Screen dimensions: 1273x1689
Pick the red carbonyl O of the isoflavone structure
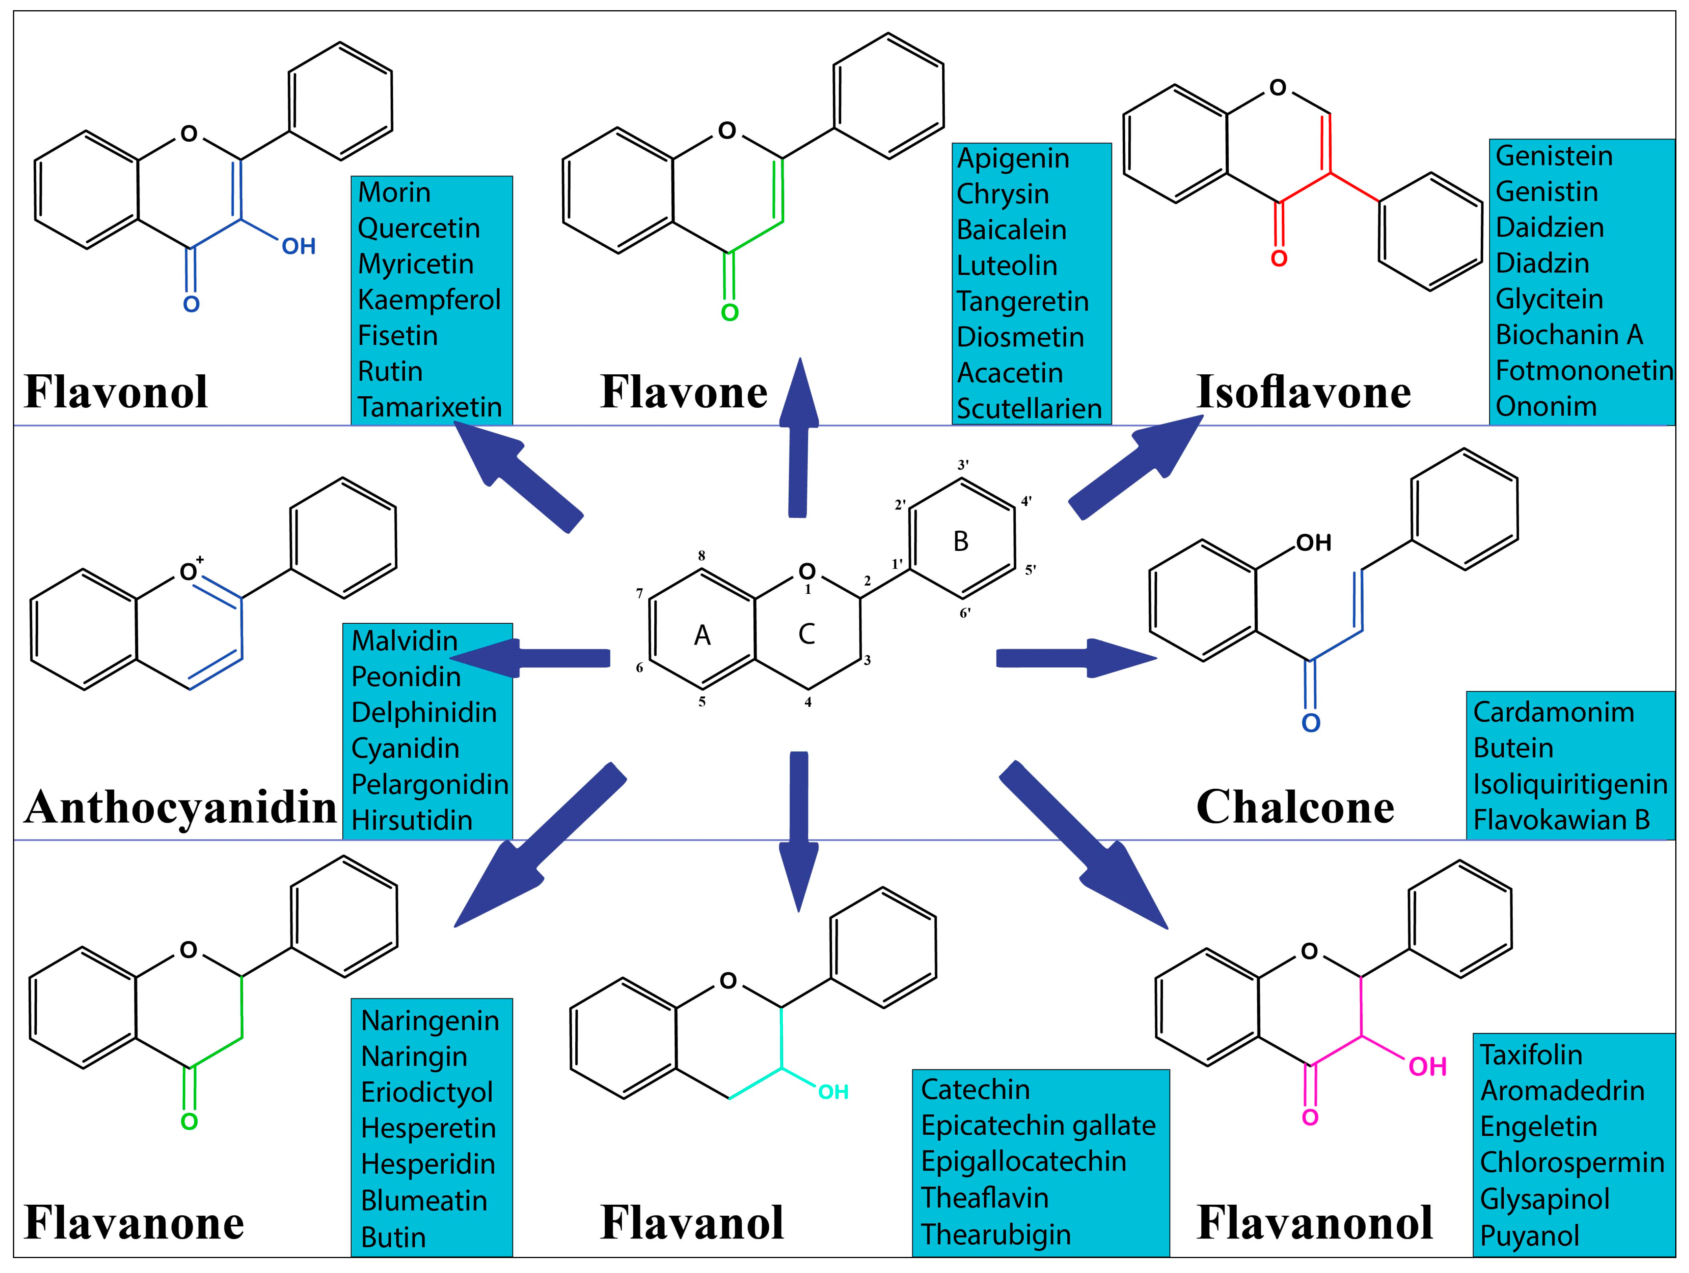[1279, 259]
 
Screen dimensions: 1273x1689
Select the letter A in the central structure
[702, 635]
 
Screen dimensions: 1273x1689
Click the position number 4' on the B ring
[1026, 502]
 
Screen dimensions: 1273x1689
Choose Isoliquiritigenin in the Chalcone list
[1569, 784]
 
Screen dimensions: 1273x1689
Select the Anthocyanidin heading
[180, 808]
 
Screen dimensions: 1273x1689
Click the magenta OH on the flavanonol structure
[1427, 1067]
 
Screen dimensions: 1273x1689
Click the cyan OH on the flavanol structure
[833, 1092]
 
